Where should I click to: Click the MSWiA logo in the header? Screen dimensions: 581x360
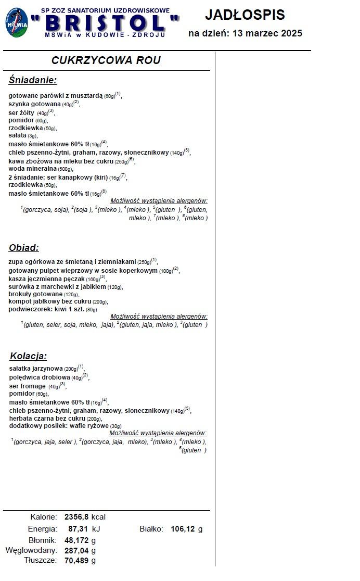(x=17, y=22)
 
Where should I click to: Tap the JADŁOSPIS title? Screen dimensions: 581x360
(x=245, y=15)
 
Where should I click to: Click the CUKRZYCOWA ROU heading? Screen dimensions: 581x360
(x=106, y=60)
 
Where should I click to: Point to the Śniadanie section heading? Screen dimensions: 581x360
(x=33, y=80)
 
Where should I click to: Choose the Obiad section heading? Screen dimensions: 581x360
(x=24, y=248)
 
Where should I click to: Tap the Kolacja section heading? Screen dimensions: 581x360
(x=29, y=356)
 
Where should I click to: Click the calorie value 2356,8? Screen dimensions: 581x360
(x=76, y=517)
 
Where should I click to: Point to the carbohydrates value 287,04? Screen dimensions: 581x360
(x=76, y=550)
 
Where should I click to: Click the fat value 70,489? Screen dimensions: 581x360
(x=76, y=561)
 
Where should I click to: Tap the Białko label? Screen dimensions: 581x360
(x=151, y=529)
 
